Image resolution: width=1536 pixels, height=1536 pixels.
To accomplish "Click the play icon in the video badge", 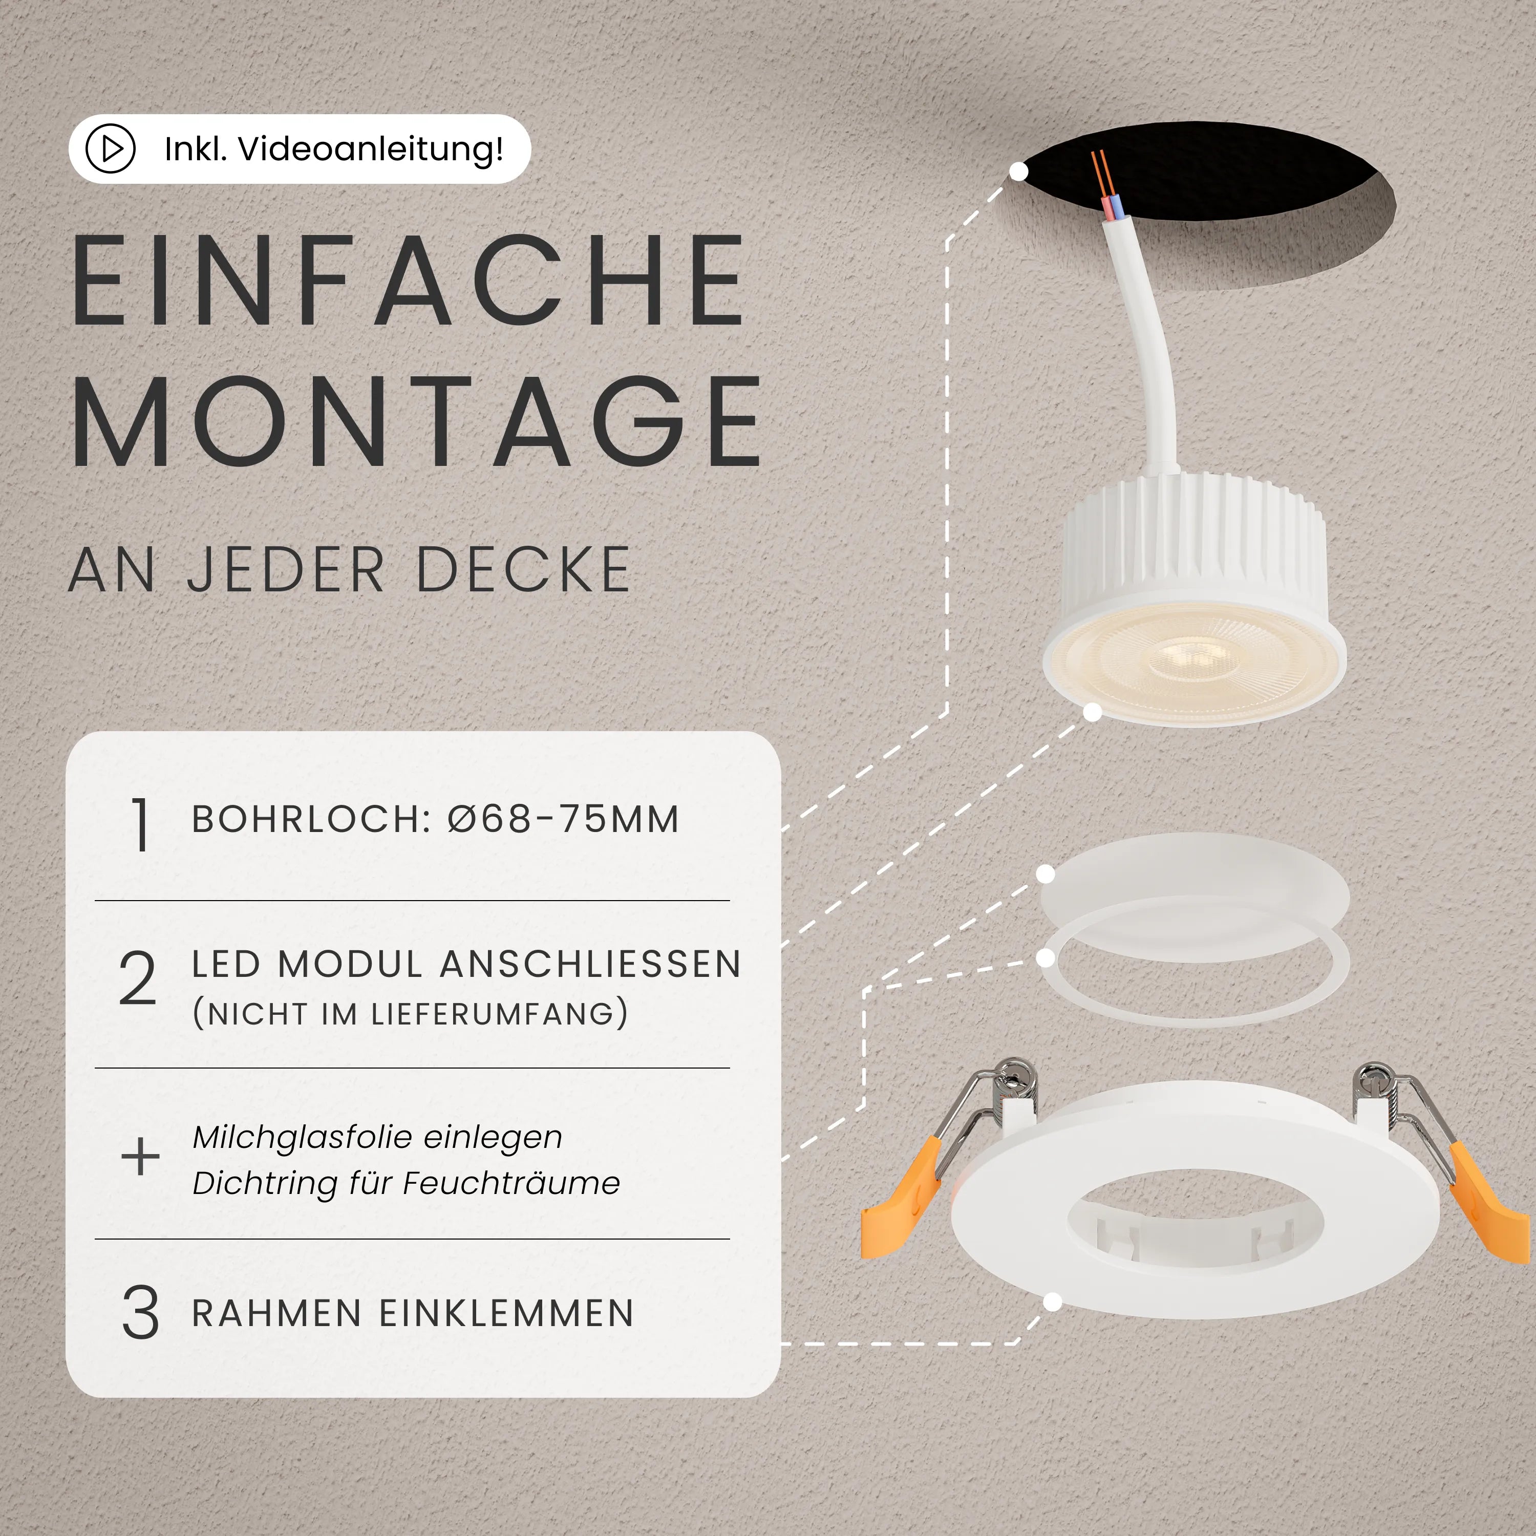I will coord(111,148).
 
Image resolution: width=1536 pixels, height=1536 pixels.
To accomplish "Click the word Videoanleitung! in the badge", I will coord(371,148).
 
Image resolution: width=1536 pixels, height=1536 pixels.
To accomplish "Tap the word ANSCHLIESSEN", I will coord(590,965).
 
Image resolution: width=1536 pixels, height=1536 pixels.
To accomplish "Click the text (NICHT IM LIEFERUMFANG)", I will coord(410,1014).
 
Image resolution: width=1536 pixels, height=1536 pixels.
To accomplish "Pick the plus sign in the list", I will coord(140,1156).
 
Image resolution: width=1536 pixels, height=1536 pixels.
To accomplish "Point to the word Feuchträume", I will coord(511,1183).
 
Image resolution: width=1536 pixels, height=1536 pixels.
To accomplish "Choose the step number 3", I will coord(140,1313).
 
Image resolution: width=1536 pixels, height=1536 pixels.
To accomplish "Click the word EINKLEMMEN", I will coord(506,1313).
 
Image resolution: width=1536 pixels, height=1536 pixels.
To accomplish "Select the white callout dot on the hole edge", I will coord(1018,171).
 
